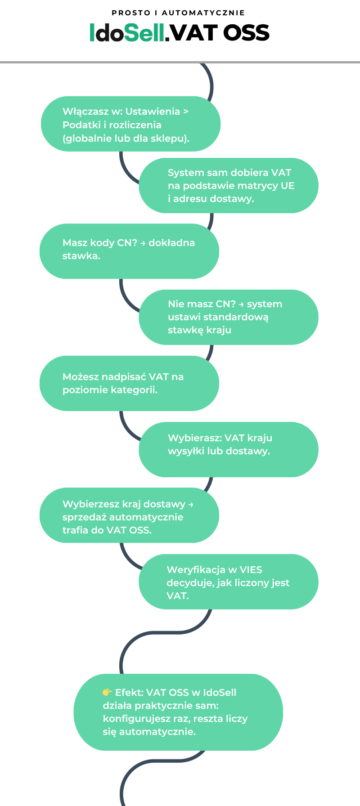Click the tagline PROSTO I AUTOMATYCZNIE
click(x=179, y=13)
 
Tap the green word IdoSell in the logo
click(x=127, y=33)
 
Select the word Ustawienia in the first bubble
click(x=153, y=112)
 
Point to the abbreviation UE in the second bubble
click(x=288, y=186)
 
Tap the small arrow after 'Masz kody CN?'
click(x=143, y=243)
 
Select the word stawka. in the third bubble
click(x=81, y=256)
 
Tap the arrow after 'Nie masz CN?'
click(x=241, y=304)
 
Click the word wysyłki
click(x=185, y=451)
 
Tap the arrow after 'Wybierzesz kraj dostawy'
click(x=191, y=505)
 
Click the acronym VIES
click(x=251, y=570)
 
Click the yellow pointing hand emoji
click(x=107, y=692)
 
